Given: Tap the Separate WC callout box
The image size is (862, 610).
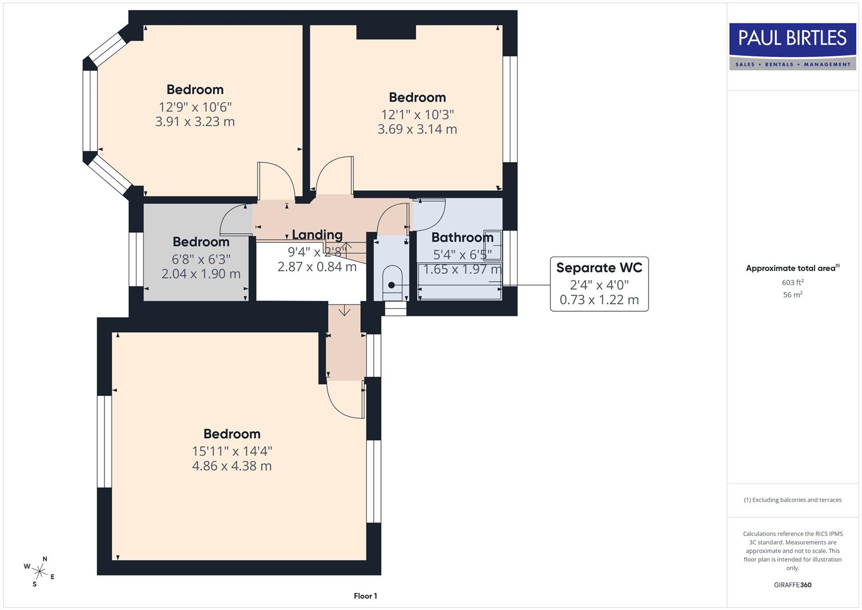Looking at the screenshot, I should coord(599,284).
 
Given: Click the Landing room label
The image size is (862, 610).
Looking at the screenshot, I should coord(317,235).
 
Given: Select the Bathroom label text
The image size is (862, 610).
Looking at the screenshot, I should coord(462,238).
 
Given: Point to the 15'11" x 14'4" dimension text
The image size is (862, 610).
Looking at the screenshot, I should coord(232,451).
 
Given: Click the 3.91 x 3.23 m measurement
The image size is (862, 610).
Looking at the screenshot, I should coord(195,121).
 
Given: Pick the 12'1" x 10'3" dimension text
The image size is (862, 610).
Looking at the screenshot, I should coord(417,114).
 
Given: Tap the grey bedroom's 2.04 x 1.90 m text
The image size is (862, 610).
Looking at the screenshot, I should coord(201,274).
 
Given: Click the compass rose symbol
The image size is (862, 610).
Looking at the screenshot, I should coord(39,571).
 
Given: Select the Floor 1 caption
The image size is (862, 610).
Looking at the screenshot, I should coord(365,596).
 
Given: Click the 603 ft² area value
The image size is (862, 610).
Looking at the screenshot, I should coord(793,282).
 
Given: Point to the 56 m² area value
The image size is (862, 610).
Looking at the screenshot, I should coord(793,294).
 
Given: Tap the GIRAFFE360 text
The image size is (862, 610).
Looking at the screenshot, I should coord(793,585).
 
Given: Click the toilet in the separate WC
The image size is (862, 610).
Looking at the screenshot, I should coord(392,282).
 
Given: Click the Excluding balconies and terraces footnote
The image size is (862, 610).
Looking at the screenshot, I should coord(793,500).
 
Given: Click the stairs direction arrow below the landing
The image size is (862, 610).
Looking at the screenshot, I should coord(344,311).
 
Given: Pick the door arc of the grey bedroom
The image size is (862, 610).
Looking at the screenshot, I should coord(233,219).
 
